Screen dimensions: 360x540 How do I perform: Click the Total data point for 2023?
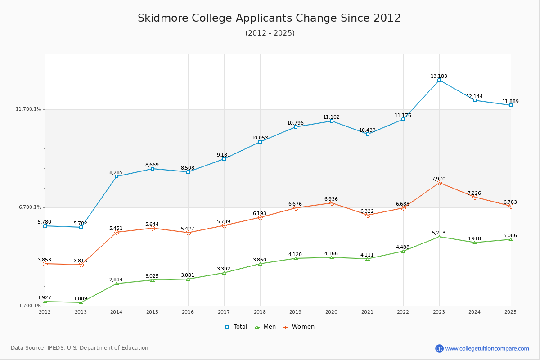(x=439, y=80)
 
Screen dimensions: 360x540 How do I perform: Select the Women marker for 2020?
(x=332, y=203)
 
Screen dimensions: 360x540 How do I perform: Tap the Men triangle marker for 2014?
(x=117, y=283)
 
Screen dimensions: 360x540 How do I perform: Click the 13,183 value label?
(x=439, y=76)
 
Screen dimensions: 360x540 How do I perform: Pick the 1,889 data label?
(x=81, y=298)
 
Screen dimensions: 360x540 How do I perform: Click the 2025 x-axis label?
(x=510, y=311)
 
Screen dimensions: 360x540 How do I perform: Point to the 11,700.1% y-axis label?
(x=28, y=109)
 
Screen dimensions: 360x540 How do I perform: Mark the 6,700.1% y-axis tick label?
(x=30, y=207)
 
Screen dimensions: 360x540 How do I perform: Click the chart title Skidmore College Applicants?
(x=269, y=18)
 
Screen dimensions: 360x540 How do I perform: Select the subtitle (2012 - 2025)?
(x=270, y=33)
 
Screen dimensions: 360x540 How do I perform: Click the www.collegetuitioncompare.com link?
(x=487, y=348)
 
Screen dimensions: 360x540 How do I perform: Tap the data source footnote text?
(x=80, y=348)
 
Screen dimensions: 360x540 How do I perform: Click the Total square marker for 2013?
(x=81, y=227)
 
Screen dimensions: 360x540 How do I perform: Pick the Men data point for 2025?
(x=510, y=239)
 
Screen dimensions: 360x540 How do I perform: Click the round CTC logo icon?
(x=439, y=348)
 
